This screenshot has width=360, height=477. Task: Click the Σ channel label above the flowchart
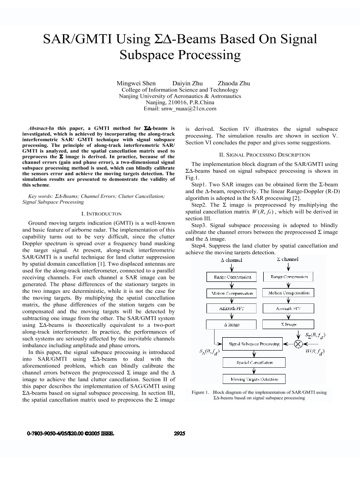(288, 259)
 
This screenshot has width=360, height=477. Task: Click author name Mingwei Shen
(136, 83)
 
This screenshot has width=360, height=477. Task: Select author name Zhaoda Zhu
(234, 83)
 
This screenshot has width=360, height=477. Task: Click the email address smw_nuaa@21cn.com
(180, 109)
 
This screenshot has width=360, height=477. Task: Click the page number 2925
(179, 434)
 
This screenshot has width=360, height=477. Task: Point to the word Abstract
(38, 128)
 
